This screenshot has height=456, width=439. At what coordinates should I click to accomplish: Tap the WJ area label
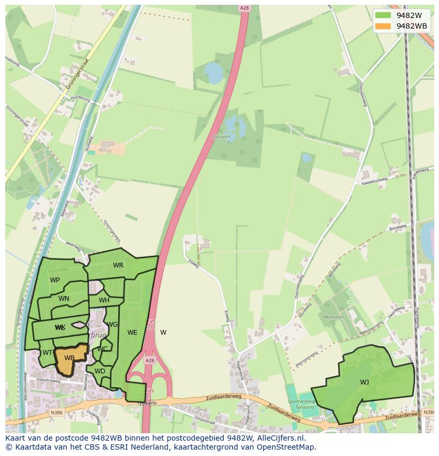pyautogui.click(x=364, y=382)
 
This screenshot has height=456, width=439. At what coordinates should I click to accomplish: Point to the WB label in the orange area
pyautogui.click(x=69, y=358)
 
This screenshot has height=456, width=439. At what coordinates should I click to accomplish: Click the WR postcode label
pyautogui.click(x=118, y=265)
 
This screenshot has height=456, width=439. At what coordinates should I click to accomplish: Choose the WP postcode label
pyautogui.click(x=55, y=280)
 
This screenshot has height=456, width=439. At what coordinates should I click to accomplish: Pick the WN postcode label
pyautogui.click(x=64, y=299)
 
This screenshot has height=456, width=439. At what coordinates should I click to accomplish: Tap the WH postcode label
pyautogui.click(x=104, y=300)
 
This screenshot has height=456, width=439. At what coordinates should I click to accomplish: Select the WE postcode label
pyautogui.click(x=132, y=333)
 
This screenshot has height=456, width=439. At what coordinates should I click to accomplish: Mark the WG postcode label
pyautogui.click(x=112, y=325)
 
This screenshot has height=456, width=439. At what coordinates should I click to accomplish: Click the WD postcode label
pyautogui.click(x=100, y=371)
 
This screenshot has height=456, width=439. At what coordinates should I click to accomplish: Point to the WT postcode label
pyautogui.click(x=48, y=353)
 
